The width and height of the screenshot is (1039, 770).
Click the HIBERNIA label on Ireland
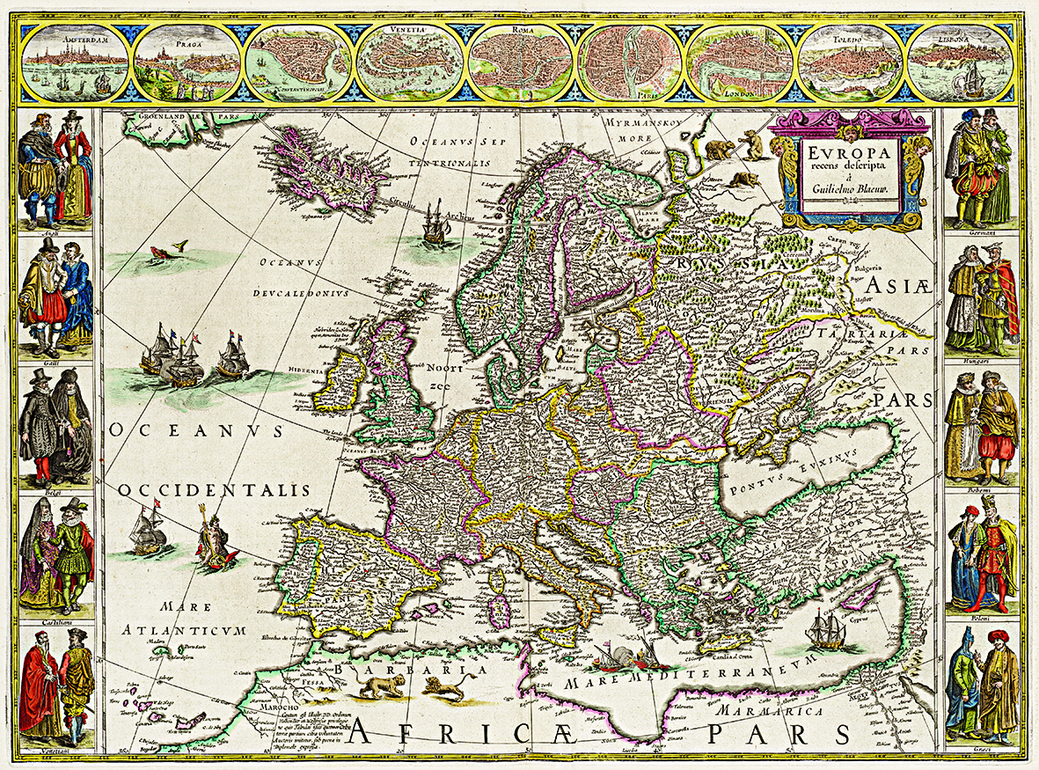[x=335, y=370]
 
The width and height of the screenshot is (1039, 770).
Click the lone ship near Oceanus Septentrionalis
[x=437, y=224]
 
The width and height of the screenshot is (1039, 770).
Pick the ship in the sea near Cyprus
[x=825, y=628]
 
